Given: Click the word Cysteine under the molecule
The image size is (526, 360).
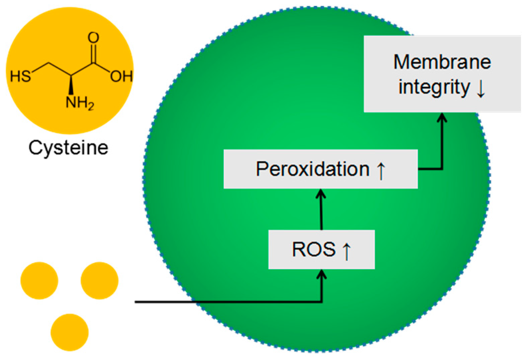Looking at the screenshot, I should coord(68,147).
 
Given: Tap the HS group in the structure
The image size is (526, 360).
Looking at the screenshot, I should coord(21,76).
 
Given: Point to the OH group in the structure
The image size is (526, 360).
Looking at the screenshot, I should coord(121,77).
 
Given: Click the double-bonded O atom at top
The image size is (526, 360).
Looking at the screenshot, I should coord(93,38).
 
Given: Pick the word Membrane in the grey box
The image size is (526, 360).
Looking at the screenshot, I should coord(442,62).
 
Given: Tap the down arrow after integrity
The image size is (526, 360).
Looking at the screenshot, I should coord(480,88).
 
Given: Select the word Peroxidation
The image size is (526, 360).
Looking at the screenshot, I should coord(313,169).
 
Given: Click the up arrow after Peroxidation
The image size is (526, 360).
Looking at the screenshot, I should coord(381,170).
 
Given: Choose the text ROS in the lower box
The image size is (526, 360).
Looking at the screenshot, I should coord(314,249).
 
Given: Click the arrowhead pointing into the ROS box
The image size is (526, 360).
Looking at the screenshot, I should coord(322,275).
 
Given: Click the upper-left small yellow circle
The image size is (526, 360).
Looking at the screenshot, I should coord(39,280).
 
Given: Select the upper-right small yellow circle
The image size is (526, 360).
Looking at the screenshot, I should coord(99,280).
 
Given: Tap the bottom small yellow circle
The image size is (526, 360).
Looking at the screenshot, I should coord(70,332).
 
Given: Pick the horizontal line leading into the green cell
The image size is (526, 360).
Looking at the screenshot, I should coord(201,302).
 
